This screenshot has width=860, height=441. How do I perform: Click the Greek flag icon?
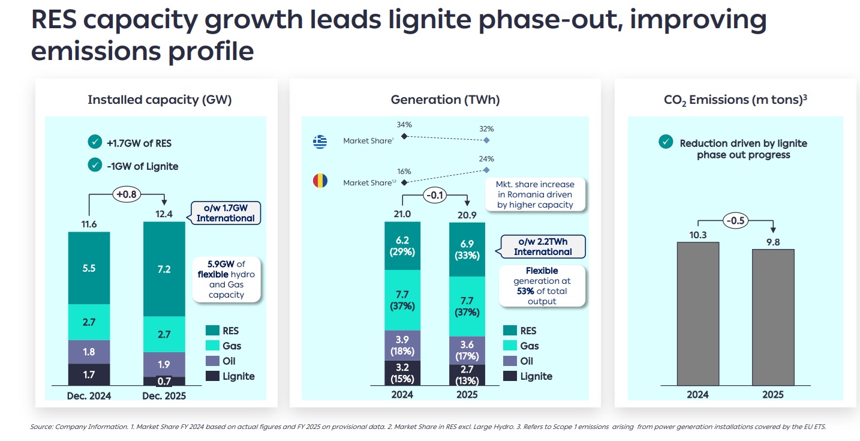320,142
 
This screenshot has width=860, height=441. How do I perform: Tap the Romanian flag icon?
320,181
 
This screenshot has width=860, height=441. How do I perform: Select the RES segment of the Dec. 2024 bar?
89,268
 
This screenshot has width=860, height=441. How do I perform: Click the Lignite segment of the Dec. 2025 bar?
164,381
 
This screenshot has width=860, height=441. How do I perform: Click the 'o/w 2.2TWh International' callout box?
543,247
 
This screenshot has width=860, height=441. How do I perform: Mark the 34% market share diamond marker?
404,136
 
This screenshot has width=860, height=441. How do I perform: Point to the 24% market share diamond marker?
486,170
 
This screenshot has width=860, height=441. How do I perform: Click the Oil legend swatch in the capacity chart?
212,361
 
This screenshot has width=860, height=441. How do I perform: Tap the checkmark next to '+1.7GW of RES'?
95,142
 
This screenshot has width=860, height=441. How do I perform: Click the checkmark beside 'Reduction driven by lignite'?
666,142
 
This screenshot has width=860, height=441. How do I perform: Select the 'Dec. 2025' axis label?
164,395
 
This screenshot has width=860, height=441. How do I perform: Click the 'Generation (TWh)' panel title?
445,100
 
